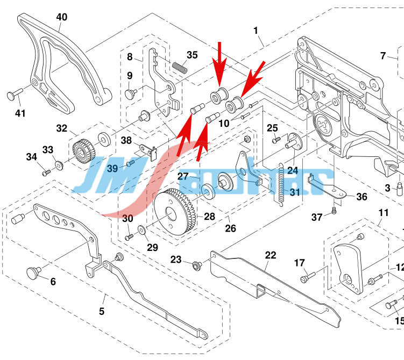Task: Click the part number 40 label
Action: pos(62,17)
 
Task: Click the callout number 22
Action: pos(270,255)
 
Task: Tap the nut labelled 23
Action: pos(196,264)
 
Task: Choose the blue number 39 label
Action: pos(112,168)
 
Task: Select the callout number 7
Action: pos(383,55)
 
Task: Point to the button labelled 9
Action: pos(129,93)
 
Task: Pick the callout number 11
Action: pos(382,213)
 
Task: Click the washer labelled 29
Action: pos(140,230)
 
